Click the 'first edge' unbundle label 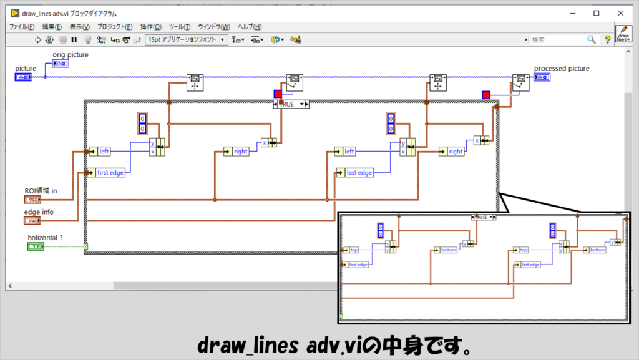point(110,173)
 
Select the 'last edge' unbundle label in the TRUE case point(358,173)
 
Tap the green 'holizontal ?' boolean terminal point(36,247)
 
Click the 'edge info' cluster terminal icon point(32,221)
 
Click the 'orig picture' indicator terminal point(61,64)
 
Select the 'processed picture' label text point(562,69)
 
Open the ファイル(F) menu point(22,27)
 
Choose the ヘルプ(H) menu point(250,27)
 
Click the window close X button point(621,13)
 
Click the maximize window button point(596,13)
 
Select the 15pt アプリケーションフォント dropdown point(187,39)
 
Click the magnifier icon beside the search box point(592,39)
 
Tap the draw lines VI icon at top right point(623,34)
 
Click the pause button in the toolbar point(74,39)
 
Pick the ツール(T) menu point(180,27)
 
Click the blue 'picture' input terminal point(24,77)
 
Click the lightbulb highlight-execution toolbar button point(88,39)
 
